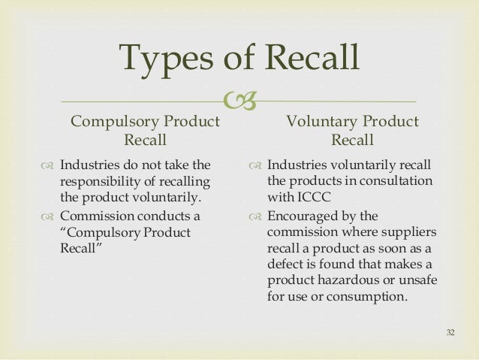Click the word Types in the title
point(166,59)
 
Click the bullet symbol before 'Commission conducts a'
point(47,216)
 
